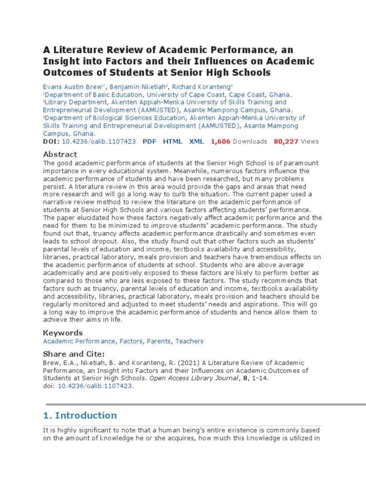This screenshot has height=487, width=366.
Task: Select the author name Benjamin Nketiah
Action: (138, 87)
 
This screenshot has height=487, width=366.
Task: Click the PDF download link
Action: (150, 141)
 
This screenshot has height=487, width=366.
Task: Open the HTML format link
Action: (173, 141)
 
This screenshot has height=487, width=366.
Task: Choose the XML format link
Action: (196, 141)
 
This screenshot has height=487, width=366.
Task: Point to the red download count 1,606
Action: (221, 141)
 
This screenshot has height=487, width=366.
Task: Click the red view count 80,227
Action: (286, 141)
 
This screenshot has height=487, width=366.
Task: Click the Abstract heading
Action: (60, 154)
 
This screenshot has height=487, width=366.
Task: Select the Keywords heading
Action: (63, 332)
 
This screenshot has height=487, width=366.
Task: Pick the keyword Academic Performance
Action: (79, 341)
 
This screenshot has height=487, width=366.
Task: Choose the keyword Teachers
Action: (189, 341)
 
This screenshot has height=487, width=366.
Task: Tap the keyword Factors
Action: (131, 341)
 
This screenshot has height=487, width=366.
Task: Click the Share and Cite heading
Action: (73, 354)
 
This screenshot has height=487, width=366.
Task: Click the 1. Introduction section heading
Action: (80, 415)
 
